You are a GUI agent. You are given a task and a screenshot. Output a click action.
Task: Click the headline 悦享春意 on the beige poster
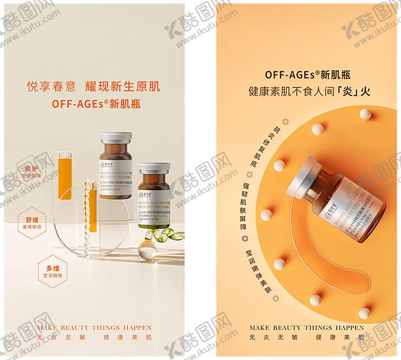pos(50,86)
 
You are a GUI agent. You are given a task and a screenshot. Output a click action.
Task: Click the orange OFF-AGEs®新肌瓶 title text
pos(96,104)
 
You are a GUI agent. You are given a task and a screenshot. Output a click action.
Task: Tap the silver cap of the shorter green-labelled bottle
pos(154,168)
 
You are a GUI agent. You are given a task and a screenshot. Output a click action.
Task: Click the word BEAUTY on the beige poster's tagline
pos(75,327)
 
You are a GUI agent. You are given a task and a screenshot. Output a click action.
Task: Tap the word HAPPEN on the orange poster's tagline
pos(348,327)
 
